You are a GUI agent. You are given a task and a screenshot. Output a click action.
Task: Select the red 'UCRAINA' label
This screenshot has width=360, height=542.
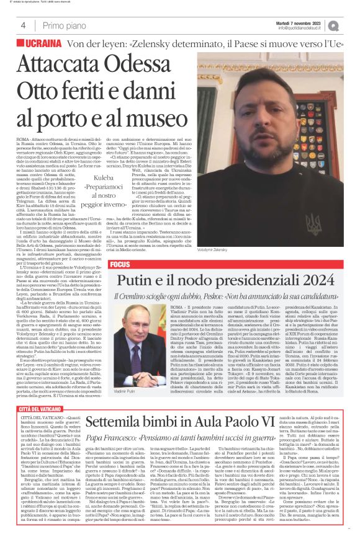pos(43,45)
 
